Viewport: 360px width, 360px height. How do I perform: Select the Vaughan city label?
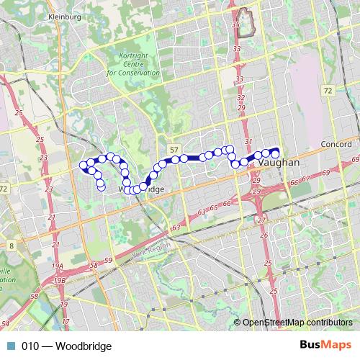[x=278, y=163]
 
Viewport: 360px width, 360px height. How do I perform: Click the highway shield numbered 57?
[x=174, y=148]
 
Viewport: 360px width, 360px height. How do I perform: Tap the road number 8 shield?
[x=12, y=246]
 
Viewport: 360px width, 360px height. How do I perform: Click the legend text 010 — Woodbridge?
[x=66, y=346]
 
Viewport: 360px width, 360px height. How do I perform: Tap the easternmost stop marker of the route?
[x=274, y=153]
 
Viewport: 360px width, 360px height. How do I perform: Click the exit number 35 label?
[x=235, y=25]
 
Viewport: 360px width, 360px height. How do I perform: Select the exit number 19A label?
[x=57, y=266]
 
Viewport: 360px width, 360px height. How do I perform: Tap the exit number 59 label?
[x=108, y=260]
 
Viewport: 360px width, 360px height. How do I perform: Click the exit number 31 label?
[x=249, y=141]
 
